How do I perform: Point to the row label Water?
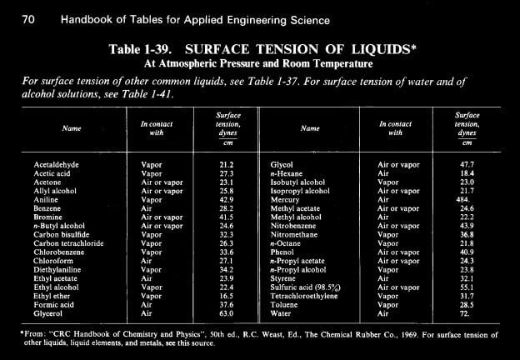pyautogui.click(x=282, y=314)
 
